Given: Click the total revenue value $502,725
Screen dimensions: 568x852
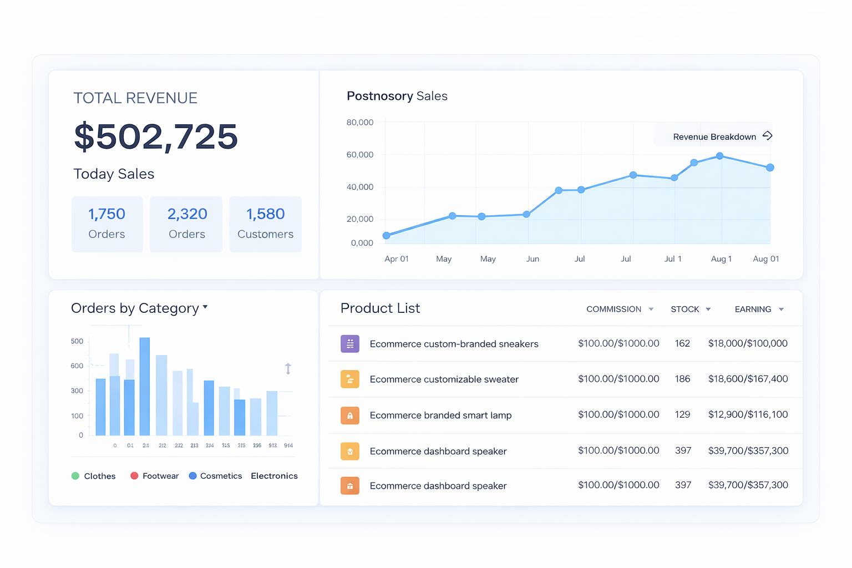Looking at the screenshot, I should [x=156, y=136].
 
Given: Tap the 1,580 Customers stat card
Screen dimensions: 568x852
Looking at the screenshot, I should [x=265, y=224].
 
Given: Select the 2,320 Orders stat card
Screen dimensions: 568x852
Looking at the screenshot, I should [x=186, y=224].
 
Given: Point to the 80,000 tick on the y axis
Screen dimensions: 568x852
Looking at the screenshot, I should [x=360, y=122].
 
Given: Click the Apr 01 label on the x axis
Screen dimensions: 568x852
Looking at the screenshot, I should [x=396, y=259].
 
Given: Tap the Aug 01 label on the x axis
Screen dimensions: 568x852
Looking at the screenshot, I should [x=765, y=259].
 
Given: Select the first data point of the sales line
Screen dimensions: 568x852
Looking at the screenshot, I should [x=387, y=236].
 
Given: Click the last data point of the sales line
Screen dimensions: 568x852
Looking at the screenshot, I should [x=770, y=168].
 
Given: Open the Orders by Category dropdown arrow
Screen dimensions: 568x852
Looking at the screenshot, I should [x=205, y=307].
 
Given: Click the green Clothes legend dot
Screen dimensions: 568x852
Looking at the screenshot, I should [x=75, y=476].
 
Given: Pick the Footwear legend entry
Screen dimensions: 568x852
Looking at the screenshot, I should [x=155, y=476].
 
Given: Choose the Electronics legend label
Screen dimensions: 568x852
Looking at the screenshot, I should [x=274, y=476].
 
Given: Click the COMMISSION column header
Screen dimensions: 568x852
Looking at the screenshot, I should [x=613, y=310].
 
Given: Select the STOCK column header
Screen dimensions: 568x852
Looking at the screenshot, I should [x=685, y=310].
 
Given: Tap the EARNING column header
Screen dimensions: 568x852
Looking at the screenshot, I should [x=753, y=310].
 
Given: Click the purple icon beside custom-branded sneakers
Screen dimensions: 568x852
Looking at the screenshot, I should [x=350, y=344].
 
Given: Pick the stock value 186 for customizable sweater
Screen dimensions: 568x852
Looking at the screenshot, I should [x=682, y=379].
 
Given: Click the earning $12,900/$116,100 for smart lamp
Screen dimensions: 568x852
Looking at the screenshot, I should [x=748, y=414].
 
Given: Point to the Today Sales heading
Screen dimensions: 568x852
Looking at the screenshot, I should [x=114, y=174].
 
